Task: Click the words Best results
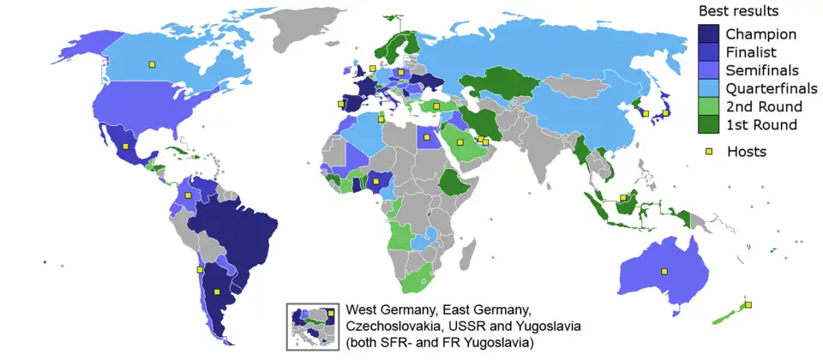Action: coord(738,12)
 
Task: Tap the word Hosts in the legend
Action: coord(746,152)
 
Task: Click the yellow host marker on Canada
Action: coord(152,63)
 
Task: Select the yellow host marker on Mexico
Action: coord(126,147)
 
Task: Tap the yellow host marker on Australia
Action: coord(663,272)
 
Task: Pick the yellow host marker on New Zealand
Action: coord(748,305)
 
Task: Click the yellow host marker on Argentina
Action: coord(201,269)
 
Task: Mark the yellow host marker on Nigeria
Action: coord(376,181)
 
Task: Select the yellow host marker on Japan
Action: coord(664,111)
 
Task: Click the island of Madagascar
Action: coord(469,248)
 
